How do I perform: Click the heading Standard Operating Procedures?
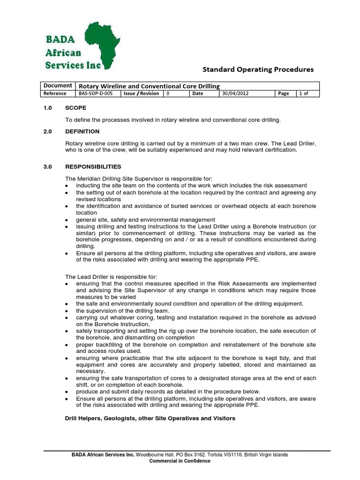tap(258, 69)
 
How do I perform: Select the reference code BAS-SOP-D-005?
tap(96, 93)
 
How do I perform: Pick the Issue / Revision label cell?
tap(141, 93)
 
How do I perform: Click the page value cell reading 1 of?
tap(308, 93)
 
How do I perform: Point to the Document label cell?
tap(58, 85)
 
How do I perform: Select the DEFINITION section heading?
tap(82, 131)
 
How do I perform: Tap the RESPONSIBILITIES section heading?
tap(93, 166)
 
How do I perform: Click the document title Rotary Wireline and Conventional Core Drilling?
tap(149, 86)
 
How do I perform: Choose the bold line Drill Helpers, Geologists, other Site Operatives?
tap(150, 418)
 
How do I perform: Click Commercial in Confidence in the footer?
tap(180, 461)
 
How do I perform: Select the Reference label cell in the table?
tap(55, 93)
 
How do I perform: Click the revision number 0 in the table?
tap(168, 93)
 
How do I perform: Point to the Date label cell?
tap(198, 93)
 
